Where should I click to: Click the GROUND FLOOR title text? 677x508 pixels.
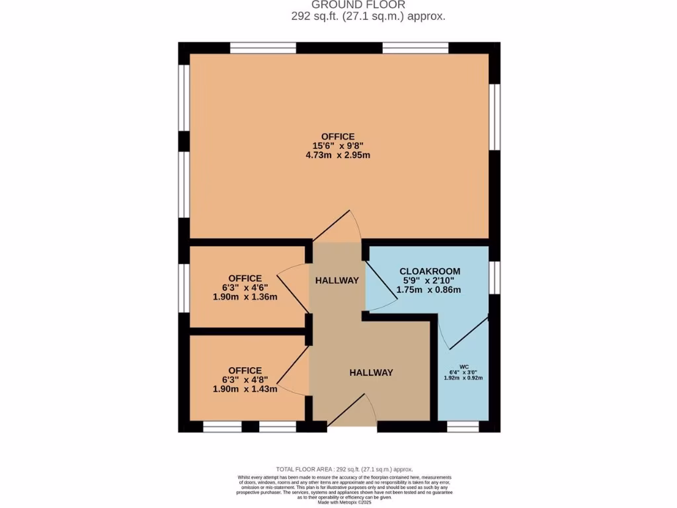368,5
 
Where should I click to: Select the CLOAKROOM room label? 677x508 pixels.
429,271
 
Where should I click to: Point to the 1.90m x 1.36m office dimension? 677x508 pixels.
245,297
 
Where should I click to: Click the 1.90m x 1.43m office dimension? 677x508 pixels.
245,390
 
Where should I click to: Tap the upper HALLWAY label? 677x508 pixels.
337,280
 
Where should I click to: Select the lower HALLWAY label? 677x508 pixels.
371,373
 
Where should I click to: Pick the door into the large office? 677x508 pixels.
337,228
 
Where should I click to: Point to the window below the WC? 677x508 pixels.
463,427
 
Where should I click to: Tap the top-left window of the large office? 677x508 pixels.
262,48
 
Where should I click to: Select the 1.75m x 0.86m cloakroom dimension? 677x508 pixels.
429,290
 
